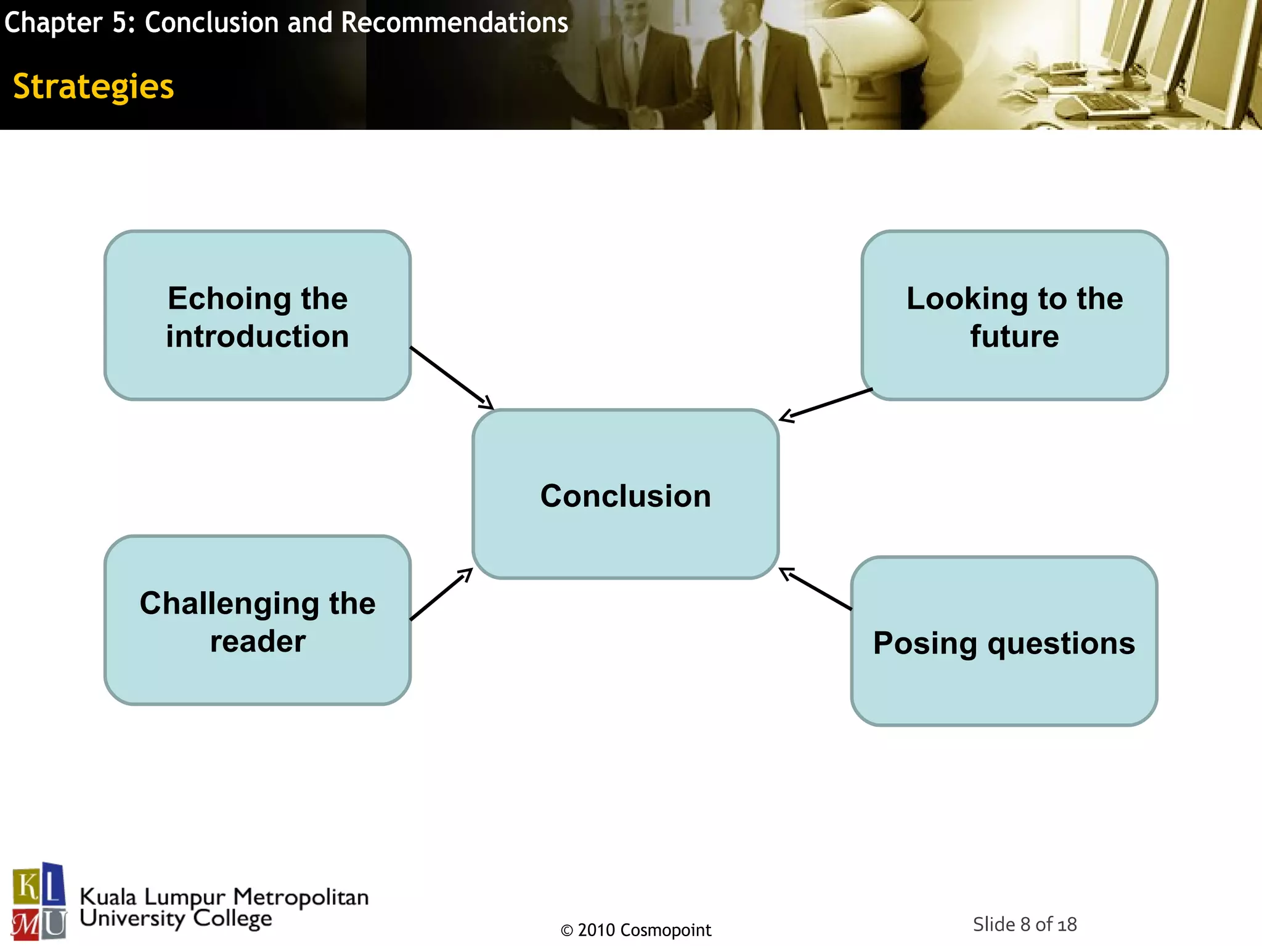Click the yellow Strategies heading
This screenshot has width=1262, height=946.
[94, 86]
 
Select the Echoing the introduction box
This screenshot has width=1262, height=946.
[258, 315]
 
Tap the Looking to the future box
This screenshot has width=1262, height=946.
[1014, 315]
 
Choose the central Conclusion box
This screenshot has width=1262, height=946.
[625, 495]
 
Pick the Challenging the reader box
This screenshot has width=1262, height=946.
[258, 621]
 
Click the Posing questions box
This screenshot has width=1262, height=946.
[1004, 642]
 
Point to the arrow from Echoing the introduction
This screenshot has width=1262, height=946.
[452, 377]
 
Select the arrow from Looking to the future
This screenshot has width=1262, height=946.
[826, 405]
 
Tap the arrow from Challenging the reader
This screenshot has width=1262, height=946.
[441, 594]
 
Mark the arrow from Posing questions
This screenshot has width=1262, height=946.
[816, 589]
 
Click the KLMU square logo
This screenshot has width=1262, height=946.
[39, 901]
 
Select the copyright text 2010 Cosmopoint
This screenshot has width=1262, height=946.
[636, 930]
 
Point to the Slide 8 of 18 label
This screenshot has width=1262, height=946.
[1024, 924]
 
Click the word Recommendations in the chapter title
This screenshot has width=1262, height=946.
[455, 23]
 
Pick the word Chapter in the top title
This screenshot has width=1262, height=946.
[53, 23]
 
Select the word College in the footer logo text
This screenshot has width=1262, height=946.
[232, 919]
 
